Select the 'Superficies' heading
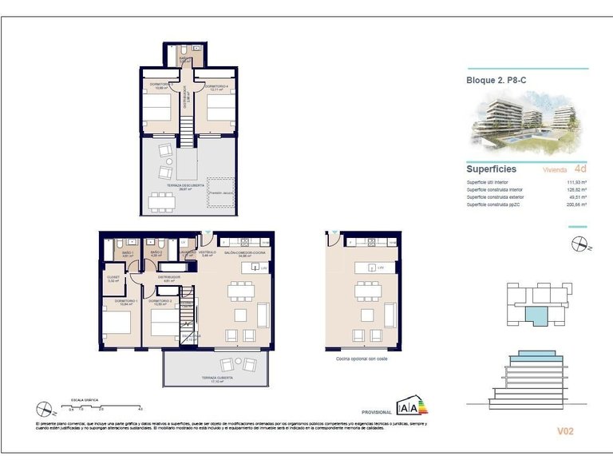[491, 169]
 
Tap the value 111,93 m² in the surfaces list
[576, 182]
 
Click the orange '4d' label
[580, 169]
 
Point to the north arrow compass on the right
[579, 243]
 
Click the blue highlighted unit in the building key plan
[539, 315]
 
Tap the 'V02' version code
[565, 431]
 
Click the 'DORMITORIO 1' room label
[117, 301]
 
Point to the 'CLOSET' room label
[113, 277]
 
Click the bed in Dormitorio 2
[162, 321]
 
